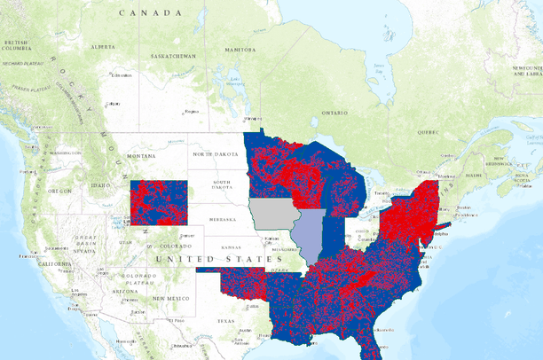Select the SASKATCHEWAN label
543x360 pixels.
point(172,55)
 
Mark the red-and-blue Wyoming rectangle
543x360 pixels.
point(160,202)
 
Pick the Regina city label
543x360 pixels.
point(190,112)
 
